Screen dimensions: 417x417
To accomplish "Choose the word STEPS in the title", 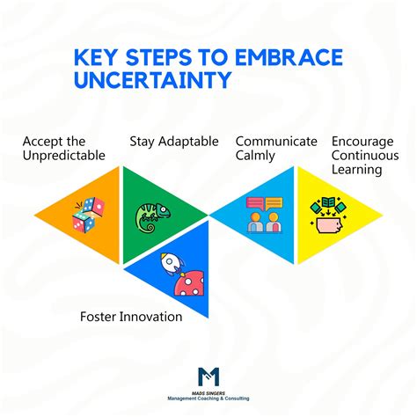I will pyautogui.click(x=155, y=58).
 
